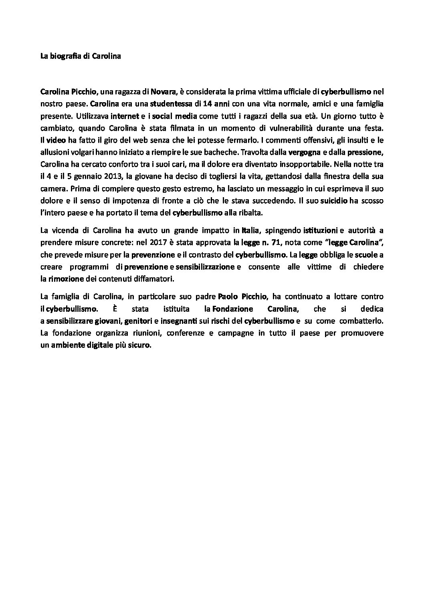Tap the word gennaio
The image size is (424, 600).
(x=85, y=177)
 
